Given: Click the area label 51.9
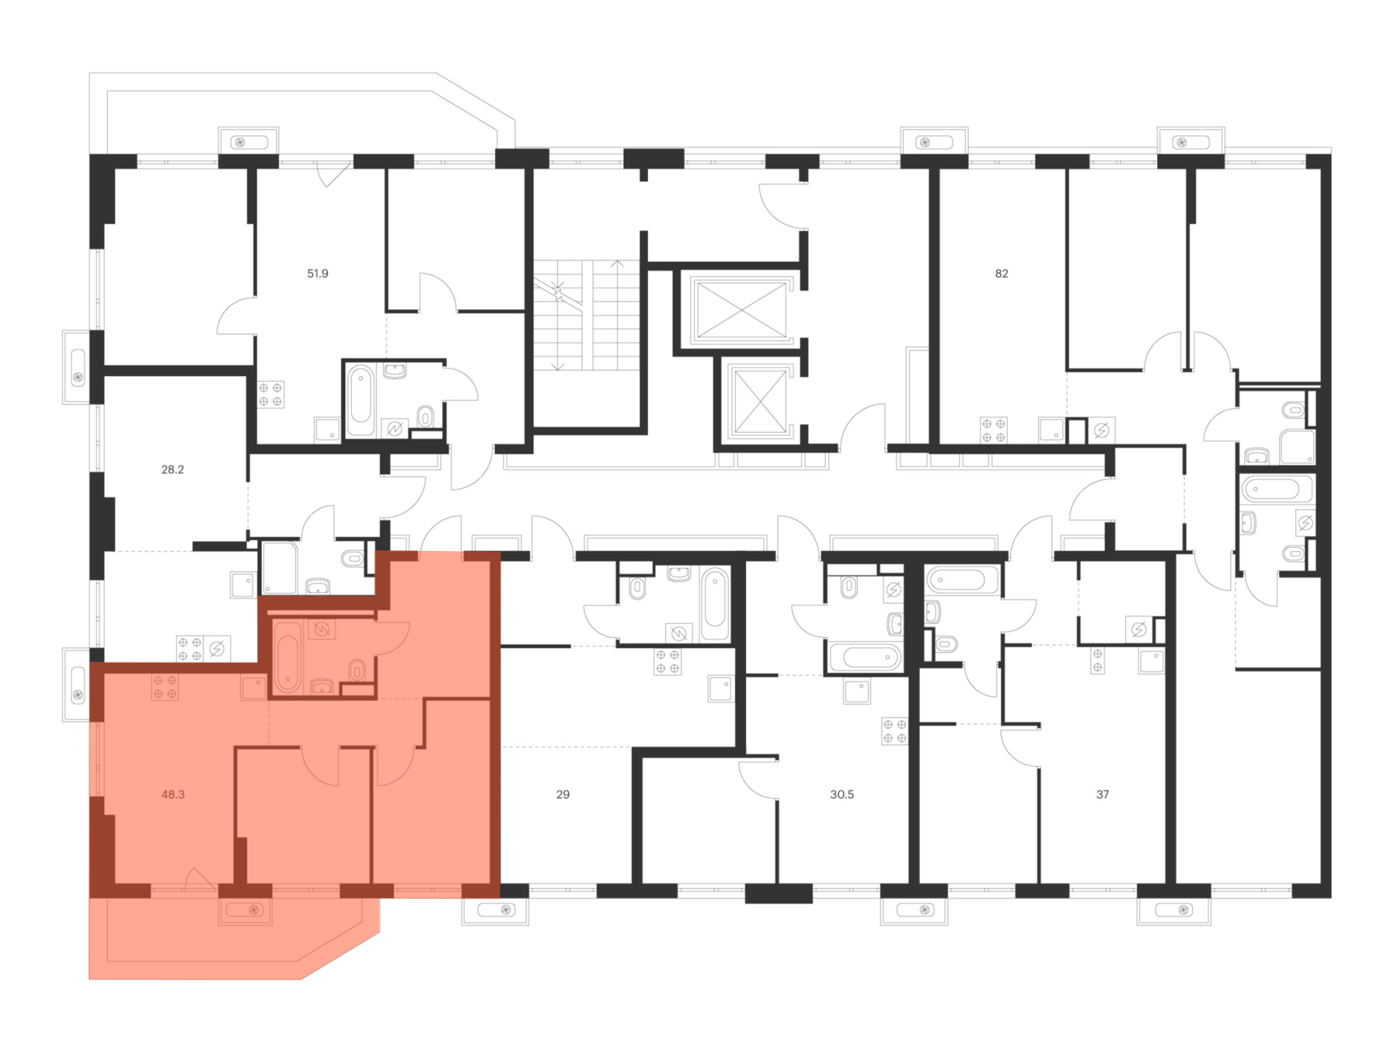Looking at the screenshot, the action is pyautogui.click(x=318, y=273).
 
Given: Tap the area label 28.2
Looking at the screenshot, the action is pyautogui.click(x=173, y=469).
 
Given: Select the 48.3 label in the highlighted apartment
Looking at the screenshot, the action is pyautogui.click(x=173, y=794).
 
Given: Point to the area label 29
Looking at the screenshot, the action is pyautogui.click(x=563, y=794).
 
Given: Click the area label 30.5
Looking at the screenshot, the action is pyautogui.click(x=842, y=794).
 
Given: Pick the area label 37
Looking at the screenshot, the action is pyautogui.click(x=1103, y=794).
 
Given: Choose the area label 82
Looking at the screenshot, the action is pyautogui.click(x=1002, y=273).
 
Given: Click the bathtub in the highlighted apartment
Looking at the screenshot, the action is pyautogui.click(x=287, y=656).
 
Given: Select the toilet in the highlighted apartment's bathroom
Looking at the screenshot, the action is pyautogui.click(x=357, y=670).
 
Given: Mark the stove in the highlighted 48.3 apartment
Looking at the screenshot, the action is pyautogui.click(x=164, y=687).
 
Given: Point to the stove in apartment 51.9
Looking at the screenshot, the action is pyautogui.click(x=270, y=395).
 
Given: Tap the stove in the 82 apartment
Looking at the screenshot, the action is pyautogui.click(x=993, y=430).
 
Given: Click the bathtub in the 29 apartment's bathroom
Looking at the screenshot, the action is pyautogui.click(x=715, y=604).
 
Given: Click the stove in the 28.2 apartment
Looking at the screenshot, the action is pyautogui.click(x=190, y=649).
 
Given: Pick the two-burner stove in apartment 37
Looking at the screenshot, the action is pyautogui.click(x=1098, y=660).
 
